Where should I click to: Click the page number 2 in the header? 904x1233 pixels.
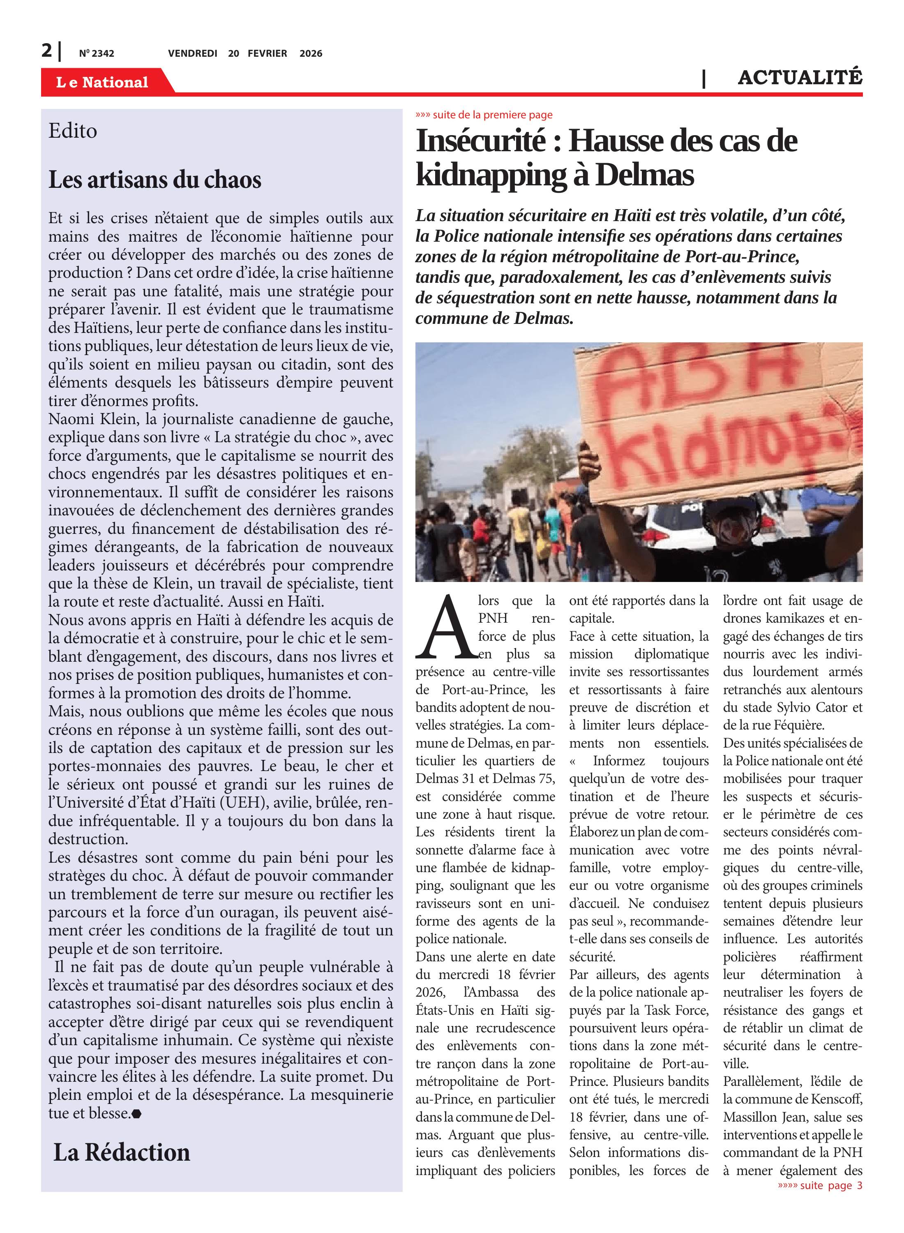[x=46, y=51]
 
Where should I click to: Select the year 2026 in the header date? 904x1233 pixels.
[x=310, y=53]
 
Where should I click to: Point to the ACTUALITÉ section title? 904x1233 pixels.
[x=800, y=78]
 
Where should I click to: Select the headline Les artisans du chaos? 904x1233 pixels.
[x=155, y=180]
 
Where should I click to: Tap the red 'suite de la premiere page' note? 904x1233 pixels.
[x=484, y=115]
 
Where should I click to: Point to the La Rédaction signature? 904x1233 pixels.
[x=122, y=1152]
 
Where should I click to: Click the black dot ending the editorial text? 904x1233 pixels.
[x=136, y=1114]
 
